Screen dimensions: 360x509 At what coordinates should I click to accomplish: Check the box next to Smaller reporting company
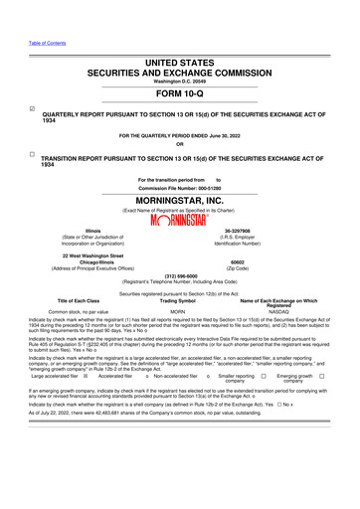(x=264, y=376)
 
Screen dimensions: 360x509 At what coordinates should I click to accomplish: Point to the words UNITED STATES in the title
(x=179, y=62)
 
